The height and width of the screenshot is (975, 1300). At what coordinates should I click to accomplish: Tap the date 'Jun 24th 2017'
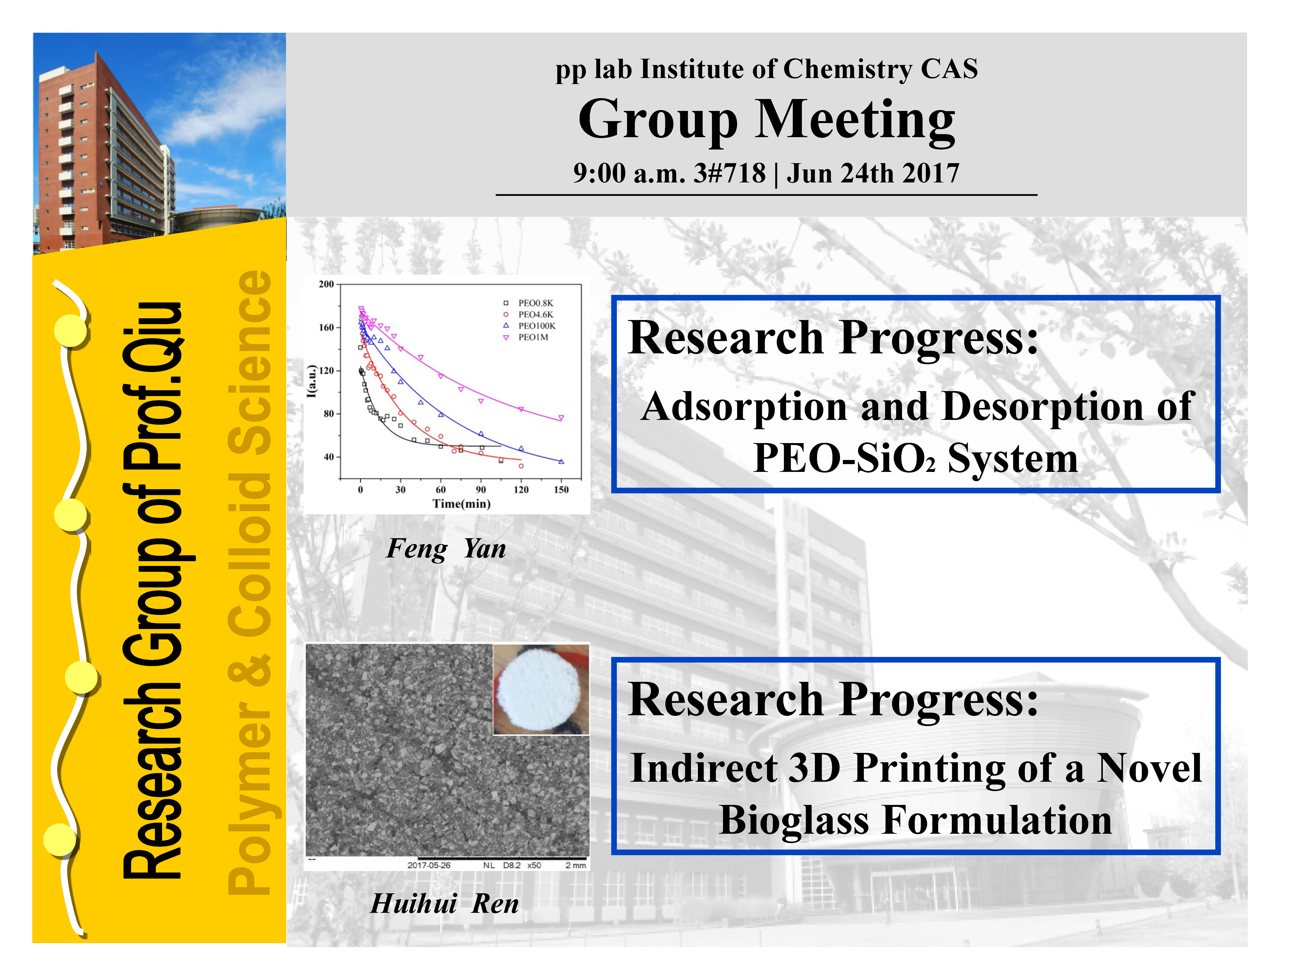(873, 173)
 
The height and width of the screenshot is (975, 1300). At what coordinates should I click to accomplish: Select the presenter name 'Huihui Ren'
(445, 903)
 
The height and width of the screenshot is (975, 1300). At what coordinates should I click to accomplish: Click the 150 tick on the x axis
(561, 489)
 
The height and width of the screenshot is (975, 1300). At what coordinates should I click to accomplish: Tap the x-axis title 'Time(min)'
(461, 504)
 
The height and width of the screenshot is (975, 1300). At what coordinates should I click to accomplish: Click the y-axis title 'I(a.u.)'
(312, 381)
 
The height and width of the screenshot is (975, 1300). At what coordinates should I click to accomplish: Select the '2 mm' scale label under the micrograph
(575, 865)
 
